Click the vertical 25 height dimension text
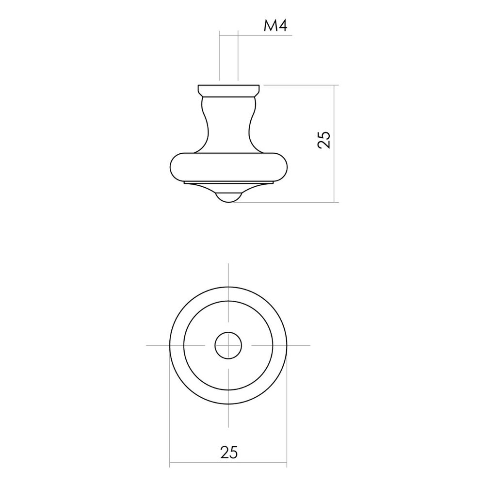point(324,140)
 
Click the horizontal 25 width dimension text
point(229,452)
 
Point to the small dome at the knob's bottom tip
point(228,198)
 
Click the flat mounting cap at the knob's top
point(228,90)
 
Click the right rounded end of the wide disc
point(283,167)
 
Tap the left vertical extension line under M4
point(219,56)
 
